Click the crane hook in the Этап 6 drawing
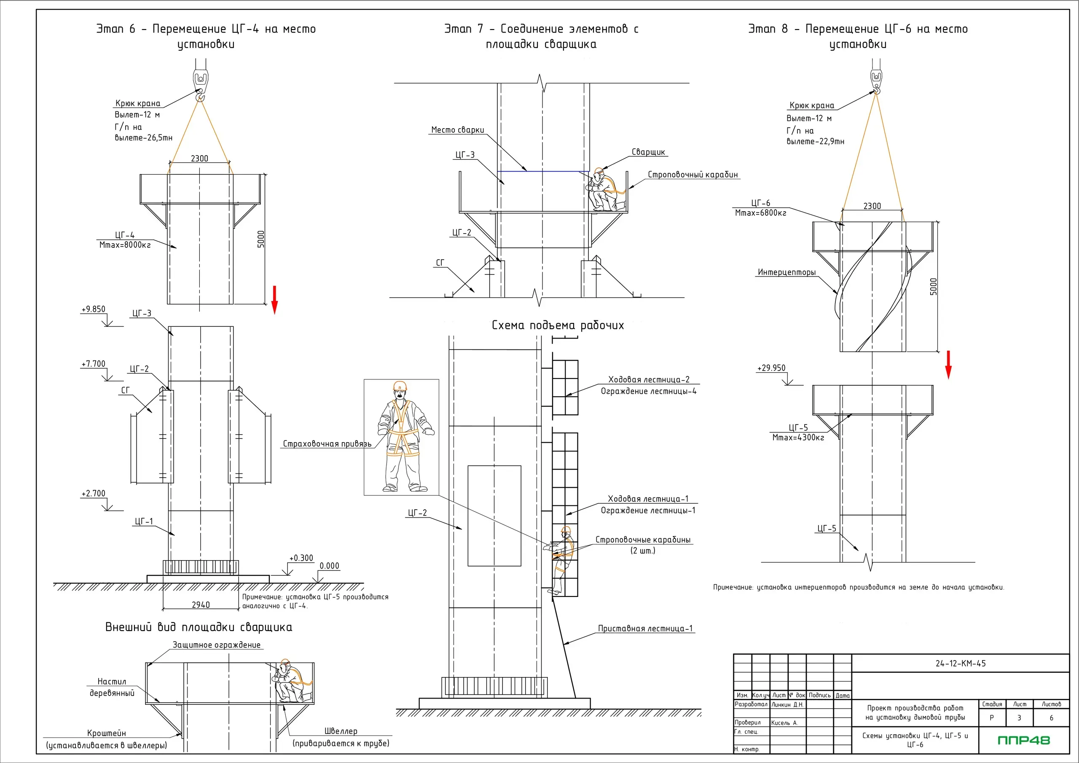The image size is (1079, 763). [x=200, y=85]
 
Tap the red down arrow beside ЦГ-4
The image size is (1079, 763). [x=274, y=299]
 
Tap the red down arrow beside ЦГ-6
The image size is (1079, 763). [x=948, y=364]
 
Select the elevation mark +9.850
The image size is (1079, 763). [x=94, y=309]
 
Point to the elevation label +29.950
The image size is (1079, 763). [x=771, y=368]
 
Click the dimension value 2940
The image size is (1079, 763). [x=201, y=604]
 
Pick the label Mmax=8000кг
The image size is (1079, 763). [x=125, y=245]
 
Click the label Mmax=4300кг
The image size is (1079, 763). [x=798, y=438]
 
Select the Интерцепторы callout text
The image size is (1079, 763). [x=786, y=272]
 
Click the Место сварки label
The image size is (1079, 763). [x=457, y=130]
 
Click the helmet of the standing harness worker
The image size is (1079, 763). [x=400, y=386]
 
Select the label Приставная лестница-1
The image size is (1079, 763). [x=645, y=629]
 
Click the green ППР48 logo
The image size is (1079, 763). [x=1023, y=740]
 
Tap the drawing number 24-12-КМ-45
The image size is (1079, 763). [x=960, y=664]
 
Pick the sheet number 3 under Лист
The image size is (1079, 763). [x=1019, y=718]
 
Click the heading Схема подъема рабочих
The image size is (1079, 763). [x=558, y=325]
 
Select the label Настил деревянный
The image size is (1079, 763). [x=112, y=687]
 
